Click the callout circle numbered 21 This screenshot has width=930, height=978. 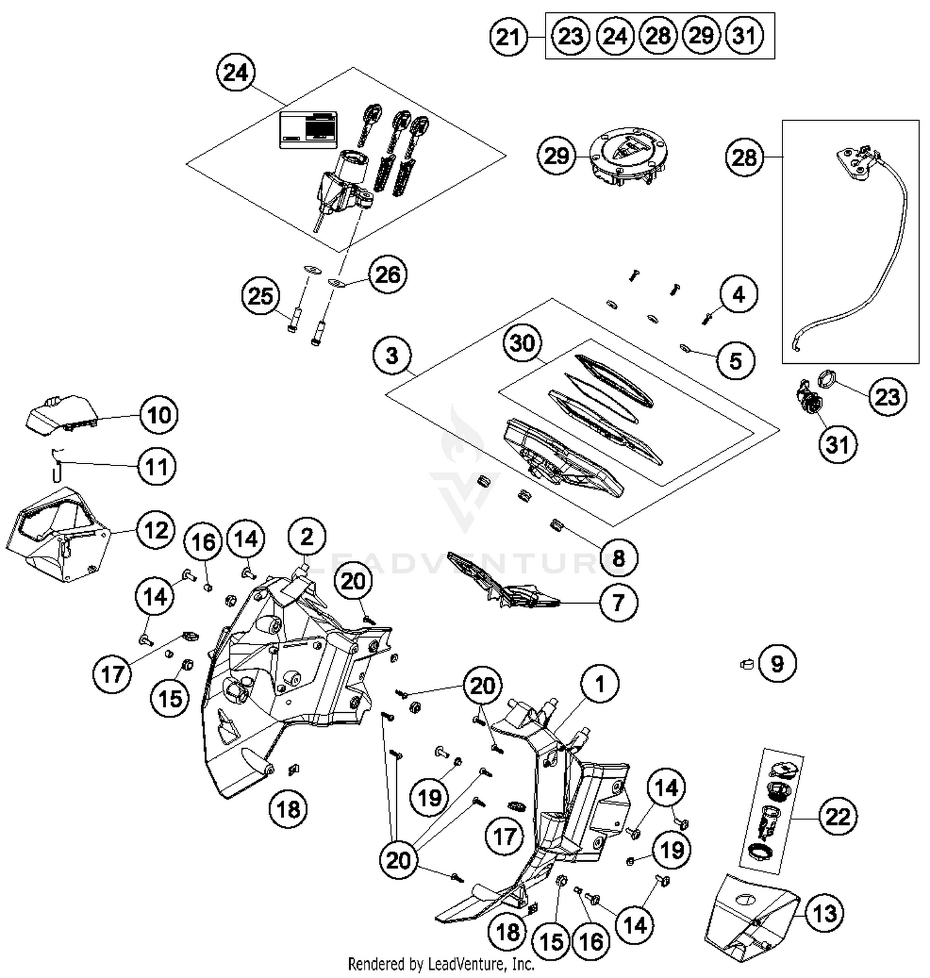tap(508, 37)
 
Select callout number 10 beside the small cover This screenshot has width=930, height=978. tap(159, 415)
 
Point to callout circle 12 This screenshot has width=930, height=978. tap(155, 530)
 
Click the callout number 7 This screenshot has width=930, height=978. tap(618, 602)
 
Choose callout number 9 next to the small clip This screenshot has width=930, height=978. tap(776, 664)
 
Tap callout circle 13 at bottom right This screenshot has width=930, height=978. tap(825, 913)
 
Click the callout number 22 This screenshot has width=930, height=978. tap(837, 816)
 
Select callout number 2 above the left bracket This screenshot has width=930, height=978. tap(307, 536)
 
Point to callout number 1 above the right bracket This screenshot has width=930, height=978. tap(599, 684)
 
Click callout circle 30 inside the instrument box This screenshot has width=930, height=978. tap(522, 343)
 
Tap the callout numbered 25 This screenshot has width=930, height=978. tap(260, 296)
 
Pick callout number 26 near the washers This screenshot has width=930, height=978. tap(387, 275)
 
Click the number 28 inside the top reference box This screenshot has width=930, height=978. tap(657, 36)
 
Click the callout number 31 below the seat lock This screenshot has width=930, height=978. tap(837, 444)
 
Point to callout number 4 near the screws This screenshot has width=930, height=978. tap(738, 294)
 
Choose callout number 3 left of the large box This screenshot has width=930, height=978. tap(392, 356)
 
